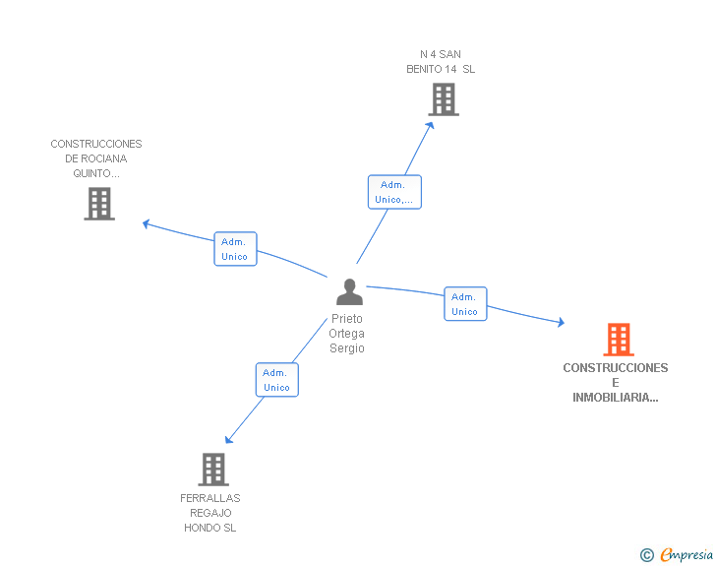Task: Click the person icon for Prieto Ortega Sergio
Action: click(349, 291)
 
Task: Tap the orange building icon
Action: click(619, 340)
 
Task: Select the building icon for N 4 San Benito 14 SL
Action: click(444, 99)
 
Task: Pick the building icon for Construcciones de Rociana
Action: click(99, 204)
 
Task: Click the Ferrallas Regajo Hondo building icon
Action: click(213, 470)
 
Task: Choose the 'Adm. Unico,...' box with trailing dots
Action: click(394, 192)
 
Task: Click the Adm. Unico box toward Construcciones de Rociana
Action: click(236, 249)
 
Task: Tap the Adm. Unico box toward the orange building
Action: click(465, 303)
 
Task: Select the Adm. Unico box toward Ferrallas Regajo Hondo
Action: click(276, 380)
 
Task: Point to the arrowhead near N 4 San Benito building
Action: click(430, 125)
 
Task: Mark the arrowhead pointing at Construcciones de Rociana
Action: click(147, 224)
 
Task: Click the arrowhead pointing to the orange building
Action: click(561, 322)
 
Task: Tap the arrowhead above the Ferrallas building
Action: click(228, 439)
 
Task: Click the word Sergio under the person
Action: click(347, 348)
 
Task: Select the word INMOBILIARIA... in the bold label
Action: click(616, 398)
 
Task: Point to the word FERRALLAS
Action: click(210, 498)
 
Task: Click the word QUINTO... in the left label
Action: click(96, 173)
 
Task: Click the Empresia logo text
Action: click(686, 555)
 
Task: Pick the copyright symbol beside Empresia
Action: click(647, 555)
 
